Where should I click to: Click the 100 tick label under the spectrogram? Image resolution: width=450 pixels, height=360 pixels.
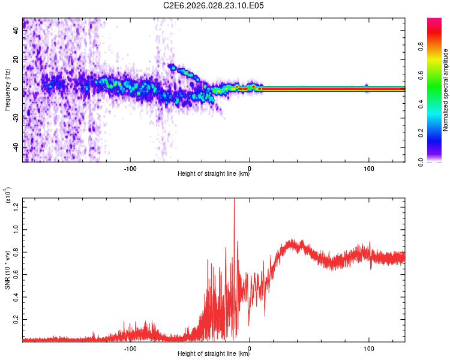[369, 167]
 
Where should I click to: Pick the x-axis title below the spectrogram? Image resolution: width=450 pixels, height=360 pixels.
[214, 174]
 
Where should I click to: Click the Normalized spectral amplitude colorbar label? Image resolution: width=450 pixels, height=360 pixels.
[446, 90]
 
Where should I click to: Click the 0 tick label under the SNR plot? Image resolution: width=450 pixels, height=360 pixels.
[250, 347]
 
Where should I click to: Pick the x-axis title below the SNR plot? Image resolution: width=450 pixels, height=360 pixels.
[214, 354]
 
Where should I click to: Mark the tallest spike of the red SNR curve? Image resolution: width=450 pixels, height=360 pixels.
[234, 200]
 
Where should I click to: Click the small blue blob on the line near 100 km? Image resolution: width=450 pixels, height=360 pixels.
[367, 88]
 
